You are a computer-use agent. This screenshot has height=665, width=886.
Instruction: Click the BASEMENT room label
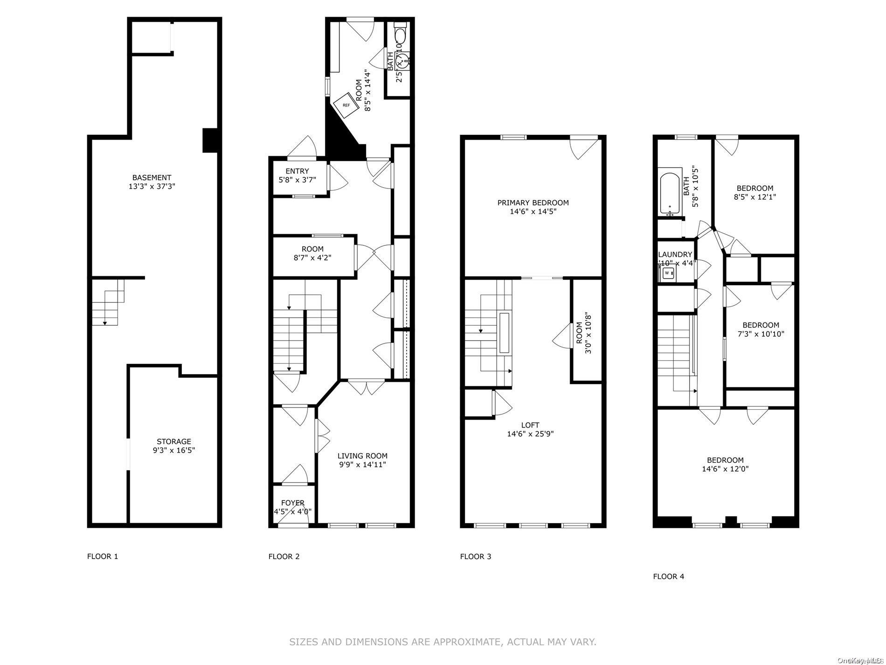152,177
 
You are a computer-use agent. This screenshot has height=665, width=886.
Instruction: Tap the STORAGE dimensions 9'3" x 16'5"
173,450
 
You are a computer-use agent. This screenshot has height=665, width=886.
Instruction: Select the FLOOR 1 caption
103,556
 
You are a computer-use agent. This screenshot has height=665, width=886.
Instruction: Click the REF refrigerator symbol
346,105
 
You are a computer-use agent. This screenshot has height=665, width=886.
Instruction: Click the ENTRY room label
297,171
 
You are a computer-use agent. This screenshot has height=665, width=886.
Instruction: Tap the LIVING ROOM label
362,456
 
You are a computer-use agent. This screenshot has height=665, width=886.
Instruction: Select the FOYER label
292,503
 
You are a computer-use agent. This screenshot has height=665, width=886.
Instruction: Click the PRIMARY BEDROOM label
533,203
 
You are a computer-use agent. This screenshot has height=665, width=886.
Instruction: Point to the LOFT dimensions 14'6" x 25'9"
530,434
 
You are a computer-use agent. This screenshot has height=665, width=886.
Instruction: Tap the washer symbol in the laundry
667,273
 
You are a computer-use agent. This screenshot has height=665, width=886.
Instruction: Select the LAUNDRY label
675,254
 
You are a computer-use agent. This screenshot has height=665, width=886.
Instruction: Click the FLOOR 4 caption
668,576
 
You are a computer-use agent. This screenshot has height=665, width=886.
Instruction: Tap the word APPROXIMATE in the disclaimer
467,642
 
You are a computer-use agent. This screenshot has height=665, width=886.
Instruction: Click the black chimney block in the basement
210,140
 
